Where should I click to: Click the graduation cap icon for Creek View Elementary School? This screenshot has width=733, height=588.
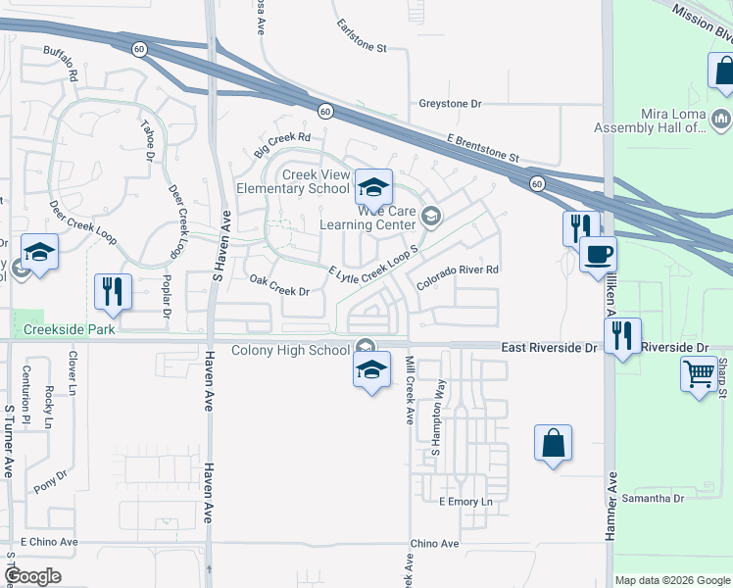point(373,186)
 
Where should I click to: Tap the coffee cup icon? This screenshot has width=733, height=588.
point(598,255)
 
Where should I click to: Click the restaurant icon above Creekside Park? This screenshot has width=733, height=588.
point(112,291)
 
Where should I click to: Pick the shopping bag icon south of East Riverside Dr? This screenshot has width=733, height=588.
point(553,442)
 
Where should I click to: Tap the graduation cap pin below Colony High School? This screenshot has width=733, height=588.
point(371,369)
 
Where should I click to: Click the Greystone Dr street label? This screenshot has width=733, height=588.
point(451,103)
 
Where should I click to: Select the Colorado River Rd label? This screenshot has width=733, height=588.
point(458,269)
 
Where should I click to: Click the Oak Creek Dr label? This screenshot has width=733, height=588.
point(279,291)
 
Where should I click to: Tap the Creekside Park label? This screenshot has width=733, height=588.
point(71,329)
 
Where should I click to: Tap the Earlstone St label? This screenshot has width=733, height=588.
point(362,35)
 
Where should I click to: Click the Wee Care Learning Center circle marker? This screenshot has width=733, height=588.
point(431,215)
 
